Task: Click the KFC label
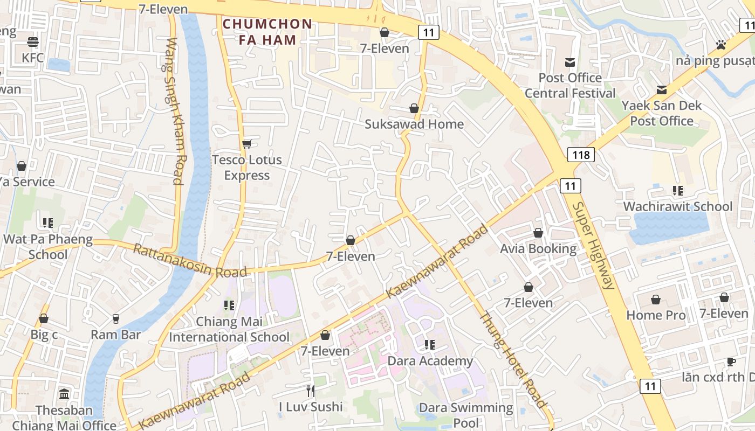click(x=33, y=57)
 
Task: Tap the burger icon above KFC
click(x=33, y=41)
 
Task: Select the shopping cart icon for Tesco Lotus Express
click(x=247, y=143)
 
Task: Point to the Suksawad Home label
click(x=414, y=124)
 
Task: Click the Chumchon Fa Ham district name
click(x=267, y=32)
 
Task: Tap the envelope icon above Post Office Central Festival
click(x=570, y=62)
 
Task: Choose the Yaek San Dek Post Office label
click(x=662, y=113)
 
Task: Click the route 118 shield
click(x=581, y=155)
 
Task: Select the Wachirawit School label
click(x=678, y=206)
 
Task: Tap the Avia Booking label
click(x=538, y=248)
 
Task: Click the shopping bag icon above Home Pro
click(x=656, y=300)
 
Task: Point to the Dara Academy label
click(x=430, y=360)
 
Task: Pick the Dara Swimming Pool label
click(x=466, y=415)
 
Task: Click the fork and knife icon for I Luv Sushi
click(x=311, y=391)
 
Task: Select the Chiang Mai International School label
click(x=229, y=329)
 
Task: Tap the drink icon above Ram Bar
click(x=115, y=319)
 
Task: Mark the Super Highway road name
click(x=593, y=245)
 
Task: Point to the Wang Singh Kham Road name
click(x=175, y=110)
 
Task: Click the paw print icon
click(x=720, y=45)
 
